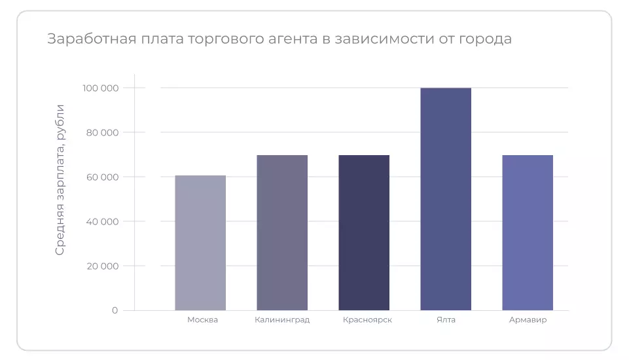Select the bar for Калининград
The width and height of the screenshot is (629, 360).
282,232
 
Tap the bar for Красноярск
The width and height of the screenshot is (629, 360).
364,232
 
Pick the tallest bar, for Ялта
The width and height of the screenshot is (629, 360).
446,199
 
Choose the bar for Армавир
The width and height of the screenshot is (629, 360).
528,232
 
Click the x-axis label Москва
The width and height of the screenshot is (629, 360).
202,320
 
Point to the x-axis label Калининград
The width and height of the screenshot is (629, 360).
282,320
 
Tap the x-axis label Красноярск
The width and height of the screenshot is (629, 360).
367,320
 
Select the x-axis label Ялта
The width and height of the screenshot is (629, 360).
446,320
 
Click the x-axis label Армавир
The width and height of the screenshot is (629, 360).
528,320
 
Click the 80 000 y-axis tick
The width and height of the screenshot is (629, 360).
102,133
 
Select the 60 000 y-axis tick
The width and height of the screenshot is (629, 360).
102,177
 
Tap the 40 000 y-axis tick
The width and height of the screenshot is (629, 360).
102,221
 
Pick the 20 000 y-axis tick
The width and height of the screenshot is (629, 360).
102,266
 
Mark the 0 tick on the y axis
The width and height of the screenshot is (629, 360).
115,310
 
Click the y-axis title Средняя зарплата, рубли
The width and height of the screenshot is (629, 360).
60,179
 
